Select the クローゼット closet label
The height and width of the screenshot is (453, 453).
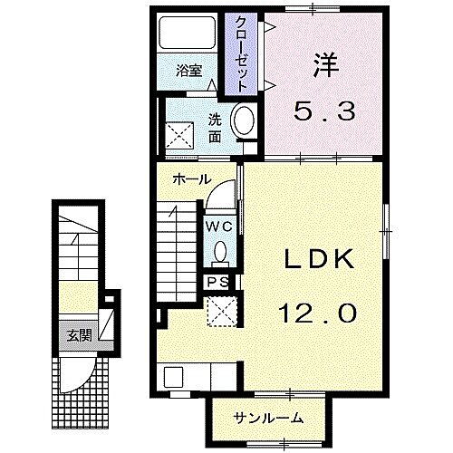coord(242,53)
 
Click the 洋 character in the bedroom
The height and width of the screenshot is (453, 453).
coord(325,64)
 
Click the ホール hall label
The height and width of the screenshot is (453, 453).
coord(192,179)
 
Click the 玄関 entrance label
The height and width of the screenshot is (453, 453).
coord(76,333)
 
